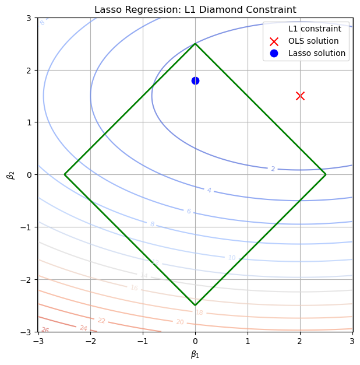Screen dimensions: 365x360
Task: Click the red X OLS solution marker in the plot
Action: point(300,96)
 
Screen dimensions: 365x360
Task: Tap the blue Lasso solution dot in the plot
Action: point(195,80)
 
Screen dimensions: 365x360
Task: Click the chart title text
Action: point(195,9)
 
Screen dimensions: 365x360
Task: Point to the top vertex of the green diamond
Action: point(195,44)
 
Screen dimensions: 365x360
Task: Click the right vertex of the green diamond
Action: point(326,174)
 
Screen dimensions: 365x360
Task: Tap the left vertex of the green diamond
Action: point(65,174)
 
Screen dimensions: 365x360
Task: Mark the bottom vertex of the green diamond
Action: point(195,305)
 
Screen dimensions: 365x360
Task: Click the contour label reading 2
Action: point(273,169)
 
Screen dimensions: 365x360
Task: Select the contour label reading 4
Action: point(209,191)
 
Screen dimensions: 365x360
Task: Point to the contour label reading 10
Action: point(232,258)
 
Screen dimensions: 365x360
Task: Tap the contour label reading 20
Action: point(180,322)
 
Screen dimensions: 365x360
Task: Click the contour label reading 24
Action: point(83,328)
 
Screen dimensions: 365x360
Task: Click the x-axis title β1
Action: point(195,354)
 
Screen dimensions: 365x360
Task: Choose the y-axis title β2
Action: point(9,174)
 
